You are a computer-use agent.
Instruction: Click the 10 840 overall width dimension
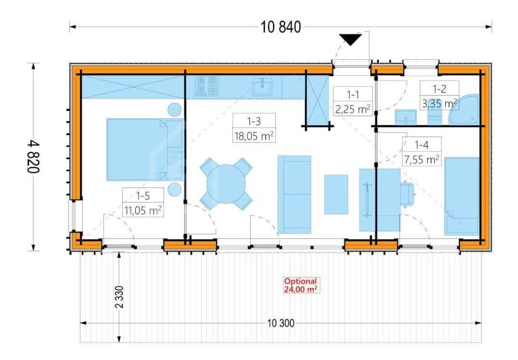(281, 27)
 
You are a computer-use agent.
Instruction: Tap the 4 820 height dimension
(33, 156)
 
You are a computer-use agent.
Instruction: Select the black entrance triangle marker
(350, 39)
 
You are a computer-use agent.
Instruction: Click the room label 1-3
(254, 121)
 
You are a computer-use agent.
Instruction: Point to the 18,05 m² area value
(254, 135)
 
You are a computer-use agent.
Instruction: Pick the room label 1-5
(143, 196)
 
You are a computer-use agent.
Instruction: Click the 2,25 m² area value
(353, 109)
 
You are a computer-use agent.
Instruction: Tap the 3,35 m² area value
(440, 103)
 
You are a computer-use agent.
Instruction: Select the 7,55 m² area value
(422, 159)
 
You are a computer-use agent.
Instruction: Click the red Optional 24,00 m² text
(300, 285)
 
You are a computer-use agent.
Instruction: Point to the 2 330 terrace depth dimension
(119, 297)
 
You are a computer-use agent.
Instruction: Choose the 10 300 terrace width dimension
(281, 323)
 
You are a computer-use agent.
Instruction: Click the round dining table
(226, 184)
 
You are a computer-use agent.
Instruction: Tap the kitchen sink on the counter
(263, 87)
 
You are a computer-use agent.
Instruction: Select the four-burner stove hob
(207, 86)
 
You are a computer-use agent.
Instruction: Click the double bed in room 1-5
(145, 150)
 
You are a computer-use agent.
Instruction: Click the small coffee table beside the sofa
(336, 194)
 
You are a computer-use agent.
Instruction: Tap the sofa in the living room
(294, 194)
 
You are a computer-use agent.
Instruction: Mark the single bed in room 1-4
(462, 196)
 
